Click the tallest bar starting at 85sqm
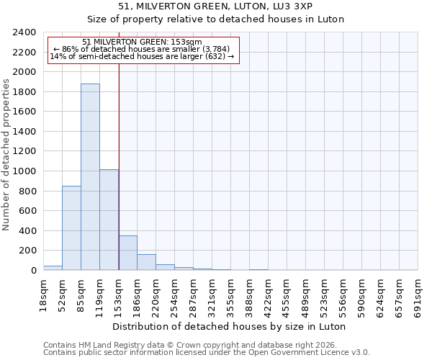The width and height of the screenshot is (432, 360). [x=90, y=176]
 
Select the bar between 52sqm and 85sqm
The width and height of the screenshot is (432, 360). [x=71, y=228]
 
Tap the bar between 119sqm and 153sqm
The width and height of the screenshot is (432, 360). [x=109, y=220]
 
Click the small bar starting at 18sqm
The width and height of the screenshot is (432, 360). [x=53, y=268]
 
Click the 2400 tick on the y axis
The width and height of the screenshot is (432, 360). [x=25, y=32]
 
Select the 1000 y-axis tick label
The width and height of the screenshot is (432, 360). [x=25, y=171]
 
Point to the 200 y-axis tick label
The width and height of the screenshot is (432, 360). [x=28, y=251]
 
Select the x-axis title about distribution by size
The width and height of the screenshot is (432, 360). [x=230, y=326]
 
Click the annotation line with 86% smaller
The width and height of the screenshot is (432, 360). [x=142, y=49]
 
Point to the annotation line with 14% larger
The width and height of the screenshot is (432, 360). [x=142, y=56]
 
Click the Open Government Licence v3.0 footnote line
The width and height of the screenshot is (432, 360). [x=207, y=352]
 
